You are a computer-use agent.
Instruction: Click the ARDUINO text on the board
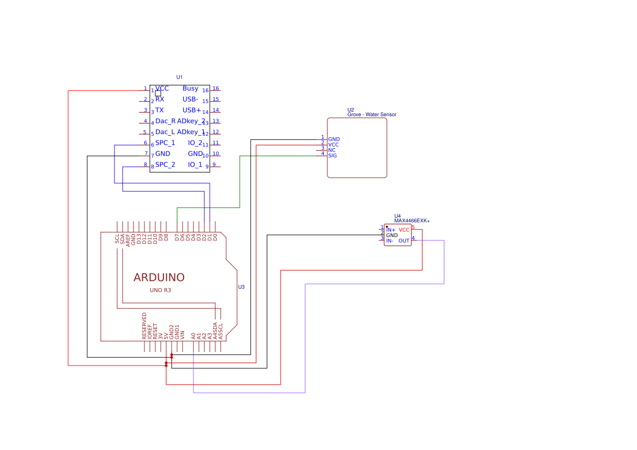pos(159,277)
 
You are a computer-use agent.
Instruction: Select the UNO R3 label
pos(160,290)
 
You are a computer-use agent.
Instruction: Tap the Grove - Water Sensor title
pos(372,115)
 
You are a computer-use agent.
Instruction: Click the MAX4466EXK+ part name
pos(412,221)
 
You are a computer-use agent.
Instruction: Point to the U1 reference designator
pos(180,77)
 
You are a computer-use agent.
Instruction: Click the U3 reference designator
pos(241,287)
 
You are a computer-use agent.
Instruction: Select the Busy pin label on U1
pos(190,88)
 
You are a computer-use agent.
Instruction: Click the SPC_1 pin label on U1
pos(165,143)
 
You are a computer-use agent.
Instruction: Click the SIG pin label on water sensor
pos(332,156)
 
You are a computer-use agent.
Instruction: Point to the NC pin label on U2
pos(331,150)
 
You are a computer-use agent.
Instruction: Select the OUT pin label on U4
pos(404,241)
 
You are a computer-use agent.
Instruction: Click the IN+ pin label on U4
pos(391,230)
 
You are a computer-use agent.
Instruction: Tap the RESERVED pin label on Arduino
pos(144,326)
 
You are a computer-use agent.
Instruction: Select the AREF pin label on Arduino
pos(128,240)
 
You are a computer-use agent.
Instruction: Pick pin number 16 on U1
pos(216,88)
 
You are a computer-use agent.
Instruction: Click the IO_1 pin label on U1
pos(195,165)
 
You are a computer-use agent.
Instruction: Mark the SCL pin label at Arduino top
pos(117,239)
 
